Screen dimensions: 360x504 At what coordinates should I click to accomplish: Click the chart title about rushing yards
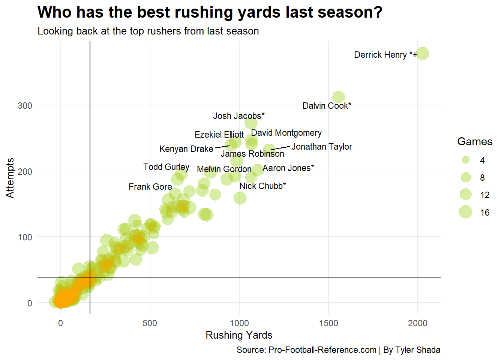point(210,12)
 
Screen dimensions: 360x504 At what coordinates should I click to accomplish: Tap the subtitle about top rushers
point(148,31)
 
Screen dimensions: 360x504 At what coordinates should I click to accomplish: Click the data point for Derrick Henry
point(422,54)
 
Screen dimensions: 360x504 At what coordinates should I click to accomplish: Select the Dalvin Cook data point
point(338,97)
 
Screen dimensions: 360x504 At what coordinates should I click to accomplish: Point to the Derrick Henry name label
point(385,55)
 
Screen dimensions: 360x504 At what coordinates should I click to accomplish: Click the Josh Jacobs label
point(238,116)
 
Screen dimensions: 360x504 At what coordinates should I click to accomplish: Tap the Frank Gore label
point(150,187)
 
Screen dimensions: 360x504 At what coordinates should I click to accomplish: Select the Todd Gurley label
point(166,167)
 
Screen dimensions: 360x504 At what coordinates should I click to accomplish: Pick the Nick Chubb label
point(262,186)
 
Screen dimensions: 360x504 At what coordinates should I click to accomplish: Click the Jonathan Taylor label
point(322,147)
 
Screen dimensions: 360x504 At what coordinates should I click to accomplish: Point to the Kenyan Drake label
point(186,149)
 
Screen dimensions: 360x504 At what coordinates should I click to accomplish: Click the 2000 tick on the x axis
point(417,323)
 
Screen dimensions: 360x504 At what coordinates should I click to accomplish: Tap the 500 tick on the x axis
point(150,323)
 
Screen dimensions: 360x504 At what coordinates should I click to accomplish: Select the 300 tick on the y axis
point(25,106)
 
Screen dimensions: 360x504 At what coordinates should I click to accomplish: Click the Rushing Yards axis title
point(239,335)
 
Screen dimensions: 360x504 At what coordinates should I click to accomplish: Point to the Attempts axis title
point(10,178)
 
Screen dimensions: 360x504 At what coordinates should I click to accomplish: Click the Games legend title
point(475,142)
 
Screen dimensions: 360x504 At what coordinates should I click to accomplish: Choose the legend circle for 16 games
point(466,212)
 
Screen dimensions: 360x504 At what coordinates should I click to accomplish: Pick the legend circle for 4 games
point(466,160)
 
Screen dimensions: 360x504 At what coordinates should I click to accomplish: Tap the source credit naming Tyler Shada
point(338,350)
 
